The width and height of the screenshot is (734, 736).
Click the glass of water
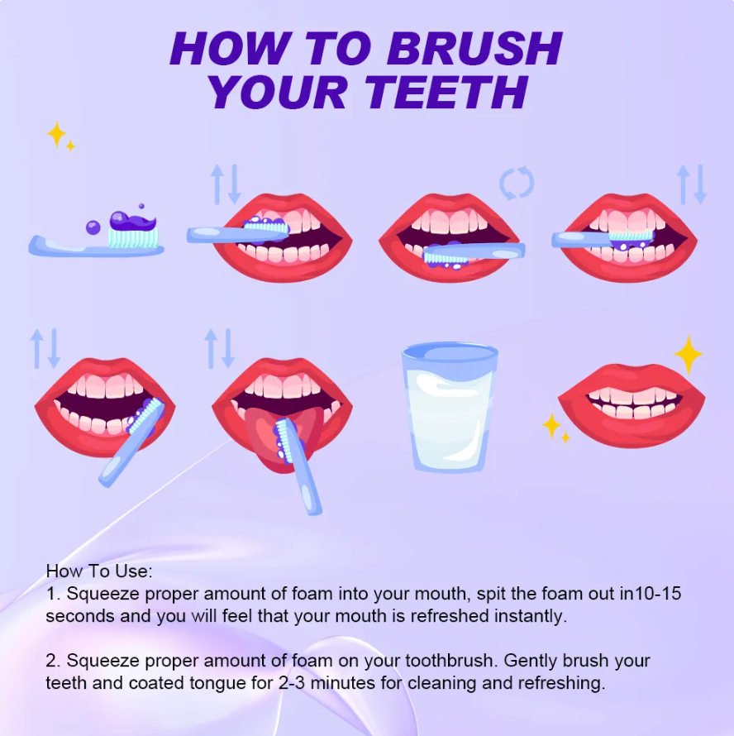[x=449, y=407]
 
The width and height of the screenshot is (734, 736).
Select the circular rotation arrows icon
[x=517, y=183]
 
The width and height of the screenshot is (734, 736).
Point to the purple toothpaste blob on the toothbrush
[x=132, y=221]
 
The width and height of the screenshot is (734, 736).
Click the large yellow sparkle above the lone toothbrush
[x=56, y=134]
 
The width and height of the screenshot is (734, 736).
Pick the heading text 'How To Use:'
[x=99, y=571]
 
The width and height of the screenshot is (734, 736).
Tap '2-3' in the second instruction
[x=292, y=683]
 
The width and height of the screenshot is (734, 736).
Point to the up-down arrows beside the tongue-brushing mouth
[x=219, y=348]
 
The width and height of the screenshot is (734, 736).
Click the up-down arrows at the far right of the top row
[x=692, y=184]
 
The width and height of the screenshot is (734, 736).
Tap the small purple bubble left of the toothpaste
[x=93, y=227]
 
